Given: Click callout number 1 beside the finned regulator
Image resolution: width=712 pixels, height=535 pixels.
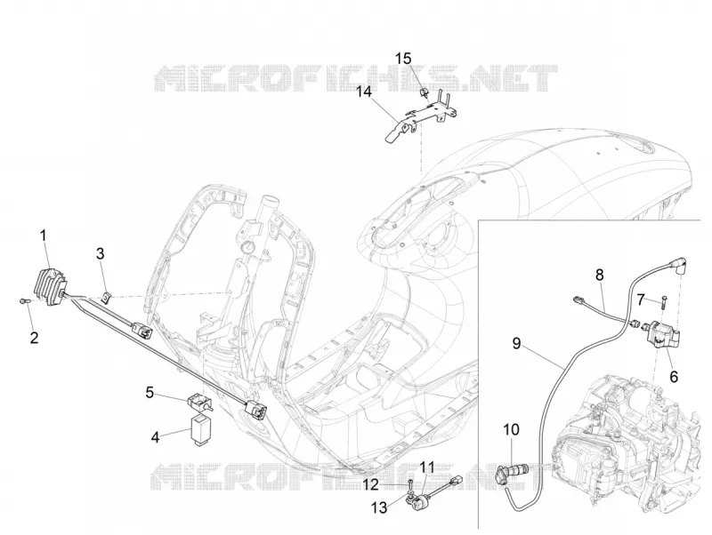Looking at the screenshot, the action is pos(44,236).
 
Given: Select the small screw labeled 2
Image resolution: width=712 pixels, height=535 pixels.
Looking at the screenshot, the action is pos(24,300).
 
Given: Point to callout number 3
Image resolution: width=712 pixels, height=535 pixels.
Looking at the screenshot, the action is pos(100,254).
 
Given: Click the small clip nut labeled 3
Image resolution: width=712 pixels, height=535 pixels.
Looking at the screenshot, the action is pos(106,299).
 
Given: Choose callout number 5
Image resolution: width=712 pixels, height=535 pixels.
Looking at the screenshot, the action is pos(150,392).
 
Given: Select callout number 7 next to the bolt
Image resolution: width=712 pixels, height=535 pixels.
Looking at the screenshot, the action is pos(641,299).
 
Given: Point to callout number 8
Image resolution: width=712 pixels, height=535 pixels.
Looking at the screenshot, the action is pos(599,275).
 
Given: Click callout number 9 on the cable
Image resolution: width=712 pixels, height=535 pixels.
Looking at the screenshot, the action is pos(516,343).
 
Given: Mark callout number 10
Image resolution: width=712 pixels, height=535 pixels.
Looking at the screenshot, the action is pos(511,429).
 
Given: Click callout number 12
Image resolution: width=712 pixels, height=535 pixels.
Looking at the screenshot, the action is pos(370,485).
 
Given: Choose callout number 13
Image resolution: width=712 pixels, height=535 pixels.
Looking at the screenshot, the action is pos(379,507).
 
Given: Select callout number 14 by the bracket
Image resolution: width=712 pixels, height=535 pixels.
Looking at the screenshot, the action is pos(363,92).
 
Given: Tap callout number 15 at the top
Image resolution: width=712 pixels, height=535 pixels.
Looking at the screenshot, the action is pos(403,59).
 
